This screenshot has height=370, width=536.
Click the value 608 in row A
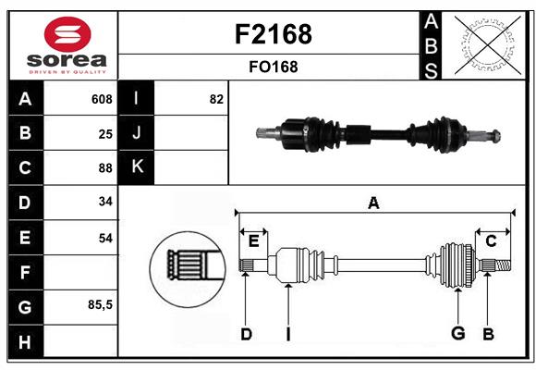tap(102, 99)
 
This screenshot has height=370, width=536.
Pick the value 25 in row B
tap(105, 134)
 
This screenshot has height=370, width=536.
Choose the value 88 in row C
tap(105, 168)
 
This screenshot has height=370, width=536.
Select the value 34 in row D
tap(105, 203)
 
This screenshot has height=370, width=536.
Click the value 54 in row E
tap(105, 238)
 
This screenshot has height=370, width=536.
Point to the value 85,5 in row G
tap(100, 305)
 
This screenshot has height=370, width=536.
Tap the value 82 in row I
tap(216, 99)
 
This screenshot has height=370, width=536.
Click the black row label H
tap(24, 341)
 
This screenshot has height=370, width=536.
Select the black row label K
tap(137, 167)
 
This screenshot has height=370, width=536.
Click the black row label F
tap(24, 272)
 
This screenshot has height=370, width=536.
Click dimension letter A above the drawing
tap(373, 203)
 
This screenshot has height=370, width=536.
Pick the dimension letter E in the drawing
tap(253, 241)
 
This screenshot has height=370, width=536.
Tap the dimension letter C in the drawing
tap(491, 240)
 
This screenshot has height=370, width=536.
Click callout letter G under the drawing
tap(457, 334)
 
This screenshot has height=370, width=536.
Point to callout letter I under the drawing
tap(287, 334)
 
